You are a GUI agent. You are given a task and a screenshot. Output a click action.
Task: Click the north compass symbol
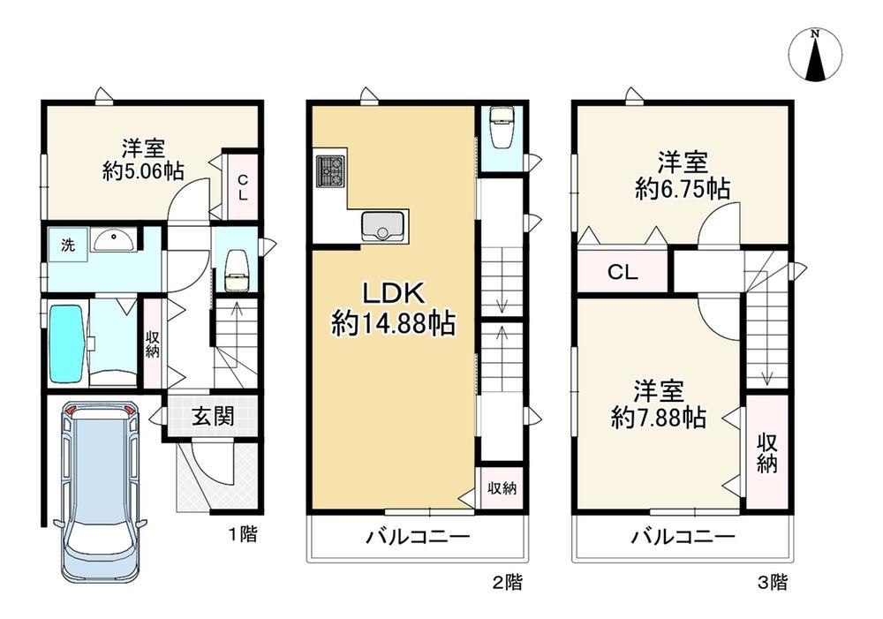pos(817,56)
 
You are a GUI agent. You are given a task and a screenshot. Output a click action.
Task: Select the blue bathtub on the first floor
pos(65,343)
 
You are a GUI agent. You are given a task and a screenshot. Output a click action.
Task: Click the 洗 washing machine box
pos(68,245)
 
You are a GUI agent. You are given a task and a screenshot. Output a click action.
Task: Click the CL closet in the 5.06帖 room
pos(241,186)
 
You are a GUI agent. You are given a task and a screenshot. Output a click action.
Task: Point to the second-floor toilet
pos(501,132)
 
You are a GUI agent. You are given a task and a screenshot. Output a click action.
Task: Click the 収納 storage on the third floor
pos(766,453)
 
